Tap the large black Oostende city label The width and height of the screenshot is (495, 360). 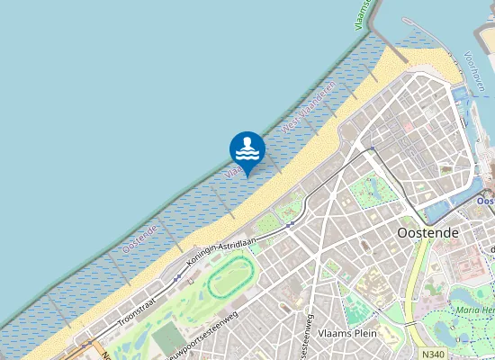pos(428,232)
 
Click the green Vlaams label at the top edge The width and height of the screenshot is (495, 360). pos(364,13)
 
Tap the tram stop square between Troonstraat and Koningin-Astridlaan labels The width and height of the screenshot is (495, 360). pos(177,278)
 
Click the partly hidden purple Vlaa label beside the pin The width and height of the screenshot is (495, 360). pos(230,169)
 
